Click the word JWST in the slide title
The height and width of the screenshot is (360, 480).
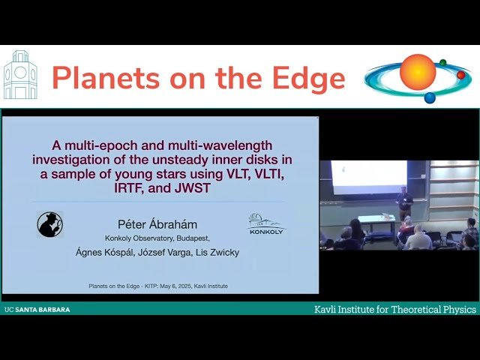tap(191, 189)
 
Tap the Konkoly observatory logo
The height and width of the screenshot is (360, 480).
tap(267, 223)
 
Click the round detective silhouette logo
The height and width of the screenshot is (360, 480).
tap(50, 224)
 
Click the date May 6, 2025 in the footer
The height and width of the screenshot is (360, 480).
tap(168, 286)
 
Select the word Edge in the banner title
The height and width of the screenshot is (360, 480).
tap(308, 78)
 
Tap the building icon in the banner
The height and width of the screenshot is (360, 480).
tap(20, 76)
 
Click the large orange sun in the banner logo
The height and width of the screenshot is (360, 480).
tap(418, 72)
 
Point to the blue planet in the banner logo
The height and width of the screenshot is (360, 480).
tap(430, 97)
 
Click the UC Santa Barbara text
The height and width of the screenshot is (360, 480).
tap(37, 309)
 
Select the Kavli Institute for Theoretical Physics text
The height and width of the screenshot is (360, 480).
tap(395, 309)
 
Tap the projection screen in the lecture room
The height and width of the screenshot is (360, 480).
tap(368, 177)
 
